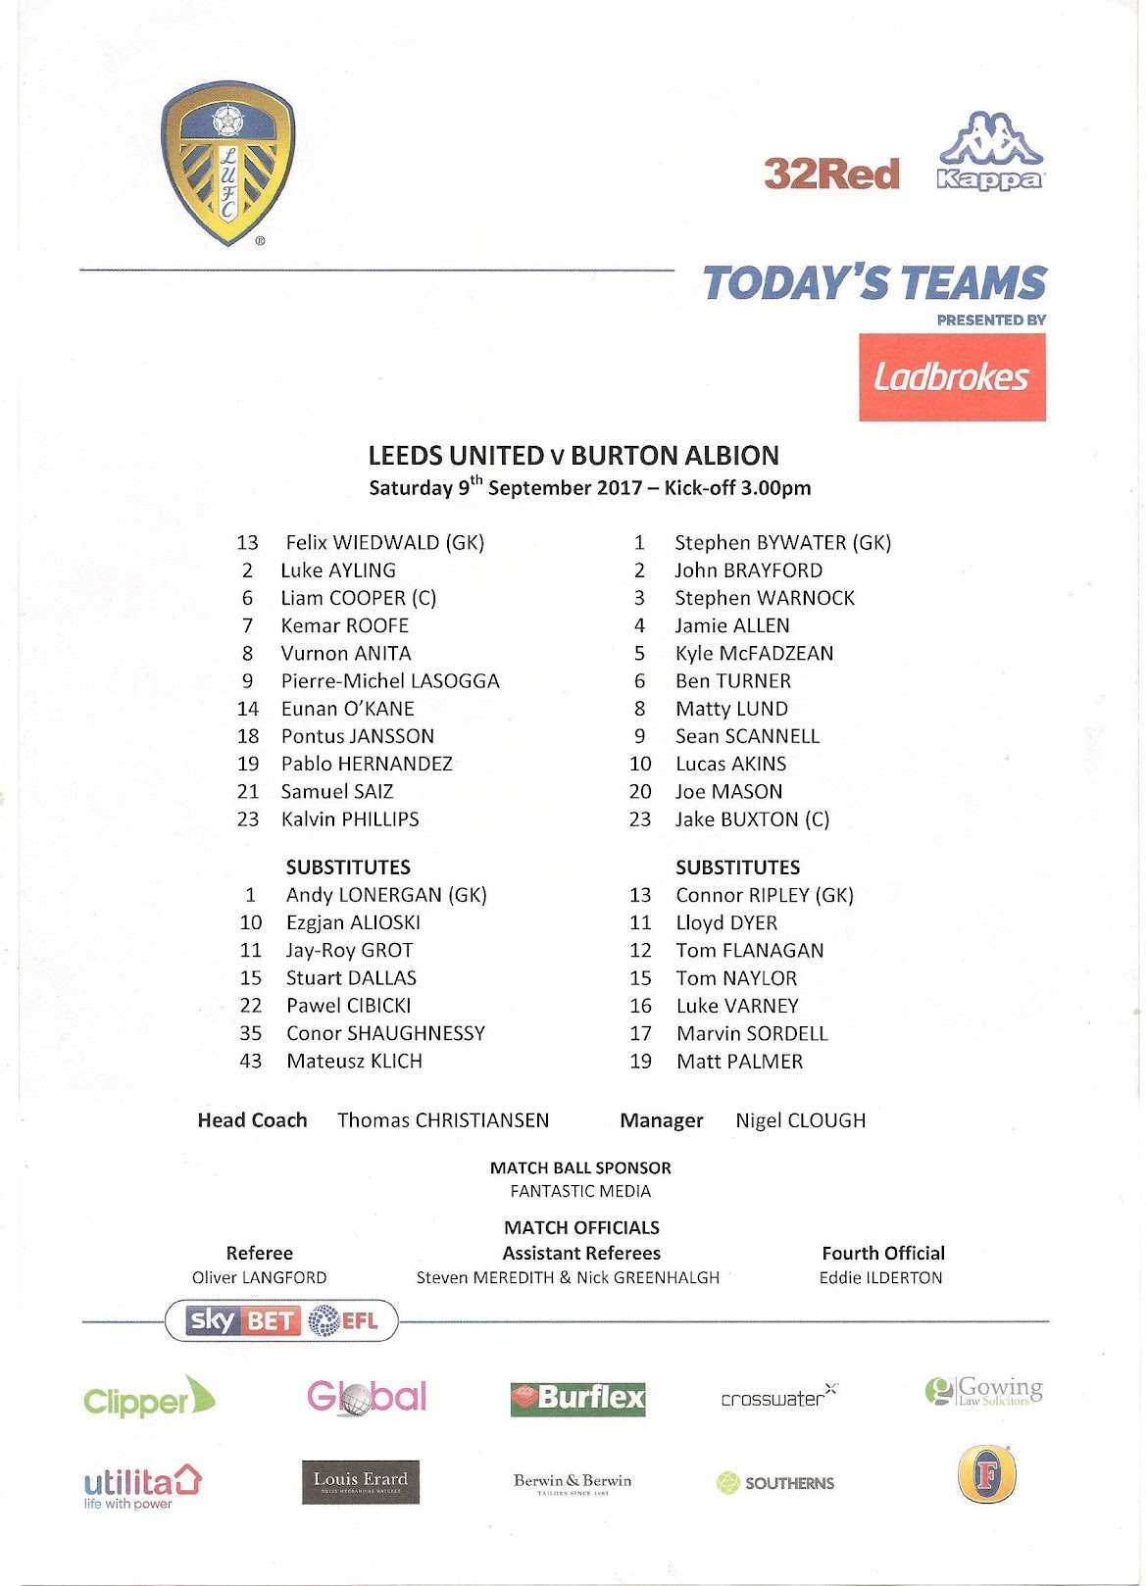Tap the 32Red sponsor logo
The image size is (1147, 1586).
[x=831, y=174]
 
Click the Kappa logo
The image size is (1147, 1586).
[x=990, y=152]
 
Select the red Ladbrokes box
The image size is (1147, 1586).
[x=952, y=377]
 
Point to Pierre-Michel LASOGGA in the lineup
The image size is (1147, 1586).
[x=390, y=680]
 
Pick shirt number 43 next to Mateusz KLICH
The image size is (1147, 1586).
[x=251, y=1061]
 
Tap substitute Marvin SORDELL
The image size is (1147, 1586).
[x=752, y=1033]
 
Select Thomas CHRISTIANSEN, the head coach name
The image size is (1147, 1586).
[x=443, y=1119]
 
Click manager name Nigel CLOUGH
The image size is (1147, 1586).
[x=800, y=1119]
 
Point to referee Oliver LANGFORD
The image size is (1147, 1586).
[x=259, y=1277]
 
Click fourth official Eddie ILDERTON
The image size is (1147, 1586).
[x=880, y=1277]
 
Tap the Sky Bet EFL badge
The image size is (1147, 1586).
[x=282, y=1320]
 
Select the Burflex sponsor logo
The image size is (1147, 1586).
[x=577, y=1398]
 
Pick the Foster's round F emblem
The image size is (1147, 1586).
[x=987, y=1473]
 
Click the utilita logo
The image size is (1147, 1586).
[x=142, y=1485]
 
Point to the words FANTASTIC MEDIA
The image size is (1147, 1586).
[x=580, y=1191]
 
